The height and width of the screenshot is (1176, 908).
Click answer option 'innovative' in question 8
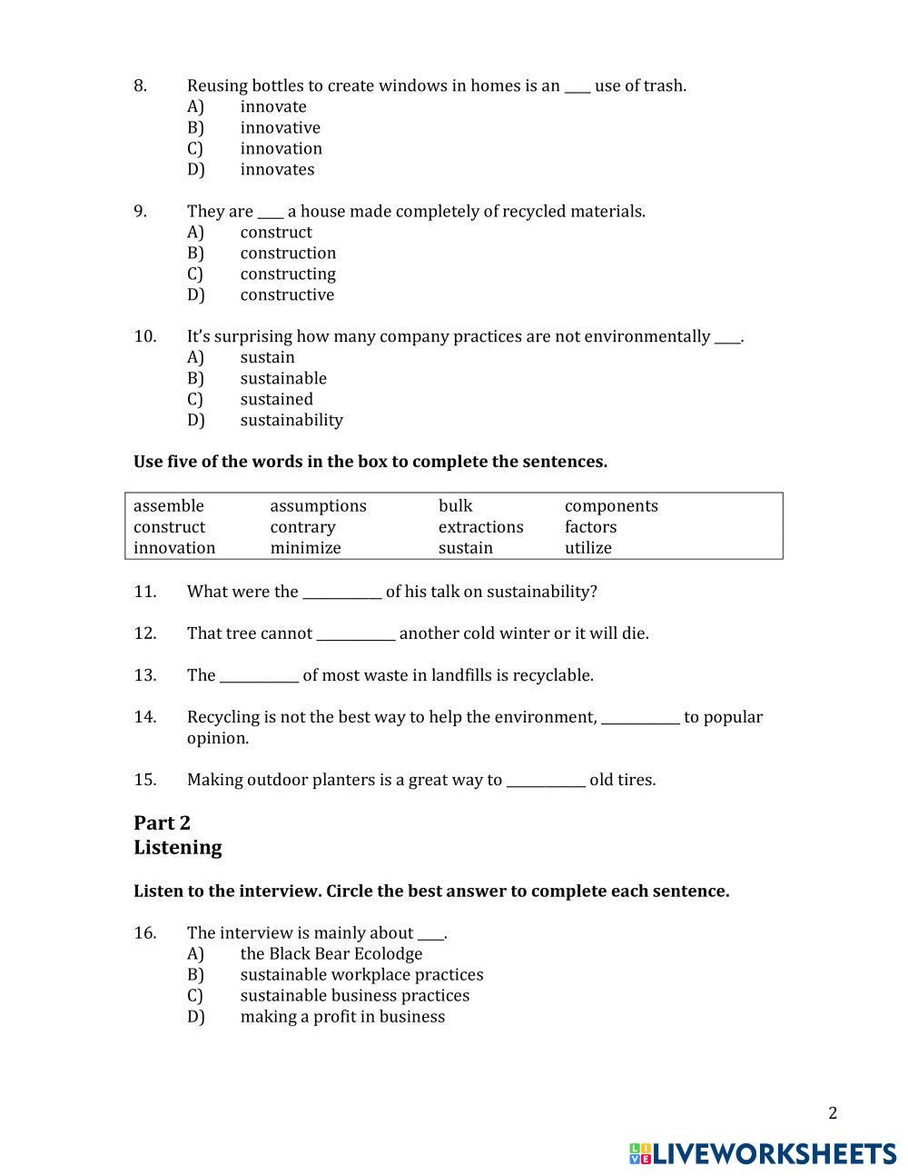tap(280, 128)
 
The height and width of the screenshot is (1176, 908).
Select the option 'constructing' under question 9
tap(287, 274)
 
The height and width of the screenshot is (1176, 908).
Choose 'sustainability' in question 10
tap(291, 421)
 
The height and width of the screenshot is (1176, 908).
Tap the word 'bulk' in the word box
tap(455, 506)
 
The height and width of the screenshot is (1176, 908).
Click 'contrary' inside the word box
tap(302, 527)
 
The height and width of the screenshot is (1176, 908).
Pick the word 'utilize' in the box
tap(587, 548)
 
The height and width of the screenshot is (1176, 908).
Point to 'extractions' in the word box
tap(480, 527)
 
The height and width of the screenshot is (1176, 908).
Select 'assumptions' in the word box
tap(318, 506)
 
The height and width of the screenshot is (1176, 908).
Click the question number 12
tap(144, 633)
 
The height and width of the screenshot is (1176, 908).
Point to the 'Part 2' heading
tap(162, 823)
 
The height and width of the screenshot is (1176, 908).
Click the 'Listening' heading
tap(177, 848)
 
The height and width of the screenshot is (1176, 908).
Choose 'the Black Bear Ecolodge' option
tap(331, 954)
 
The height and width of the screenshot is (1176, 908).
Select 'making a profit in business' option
tap(342, 1017)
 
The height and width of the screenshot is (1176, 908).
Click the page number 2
tap(833, 1113)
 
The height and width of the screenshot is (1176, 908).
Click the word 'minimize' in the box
tap(305, 548)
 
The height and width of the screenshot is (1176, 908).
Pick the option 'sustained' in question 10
tap(276, 400)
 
